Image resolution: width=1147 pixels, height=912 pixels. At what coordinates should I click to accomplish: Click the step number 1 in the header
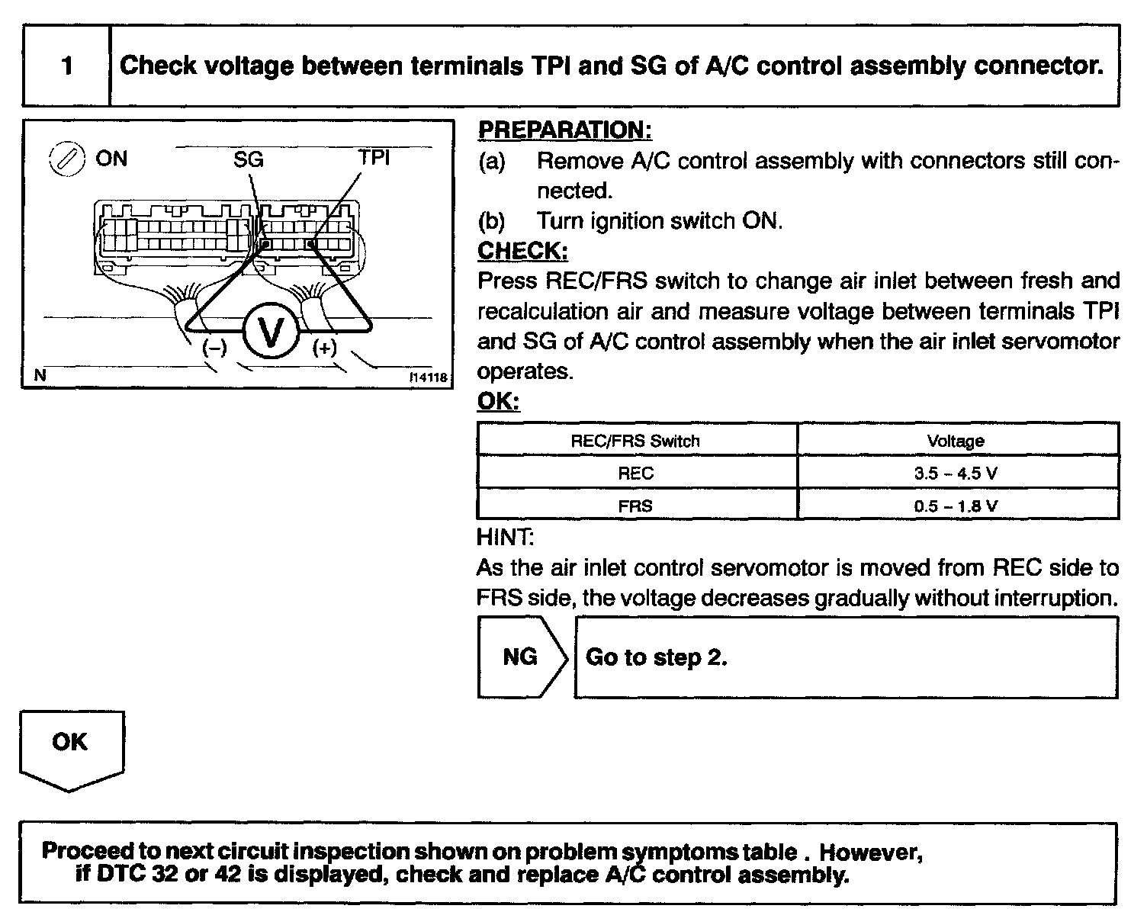[67, 66]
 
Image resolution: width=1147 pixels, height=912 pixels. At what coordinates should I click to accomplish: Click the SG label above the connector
[249, 159]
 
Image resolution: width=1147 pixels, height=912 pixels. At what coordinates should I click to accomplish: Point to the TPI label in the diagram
[374, 158]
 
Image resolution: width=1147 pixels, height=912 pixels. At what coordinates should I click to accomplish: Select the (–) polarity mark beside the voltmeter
[214, 348]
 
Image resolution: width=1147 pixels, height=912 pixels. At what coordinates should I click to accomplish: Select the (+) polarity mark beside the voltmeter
[325, 348]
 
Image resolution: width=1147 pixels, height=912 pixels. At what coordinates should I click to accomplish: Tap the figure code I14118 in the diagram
[428, 377]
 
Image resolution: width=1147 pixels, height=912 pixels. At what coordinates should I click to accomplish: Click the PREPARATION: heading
[564, 130]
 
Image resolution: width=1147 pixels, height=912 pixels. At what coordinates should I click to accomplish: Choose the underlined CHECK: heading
[522, 251]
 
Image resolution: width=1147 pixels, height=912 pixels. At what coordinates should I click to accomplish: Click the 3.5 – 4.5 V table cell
[956, 473]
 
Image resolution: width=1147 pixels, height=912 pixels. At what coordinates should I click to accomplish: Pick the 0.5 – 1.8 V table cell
[956, 506]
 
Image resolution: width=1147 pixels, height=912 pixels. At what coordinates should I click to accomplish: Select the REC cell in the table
[635, 473]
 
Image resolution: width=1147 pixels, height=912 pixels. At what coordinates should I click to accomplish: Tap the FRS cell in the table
[635, 506]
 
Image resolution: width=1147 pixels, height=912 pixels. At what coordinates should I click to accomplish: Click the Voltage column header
[956, 441]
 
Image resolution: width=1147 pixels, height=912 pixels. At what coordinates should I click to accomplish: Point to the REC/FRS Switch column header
[635, 441]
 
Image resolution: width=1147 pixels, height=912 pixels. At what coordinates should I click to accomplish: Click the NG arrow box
[521, 657]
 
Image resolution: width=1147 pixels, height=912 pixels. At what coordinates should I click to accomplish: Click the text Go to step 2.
[656, 657]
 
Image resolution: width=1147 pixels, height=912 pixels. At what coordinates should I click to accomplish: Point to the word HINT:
[505, 538]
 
